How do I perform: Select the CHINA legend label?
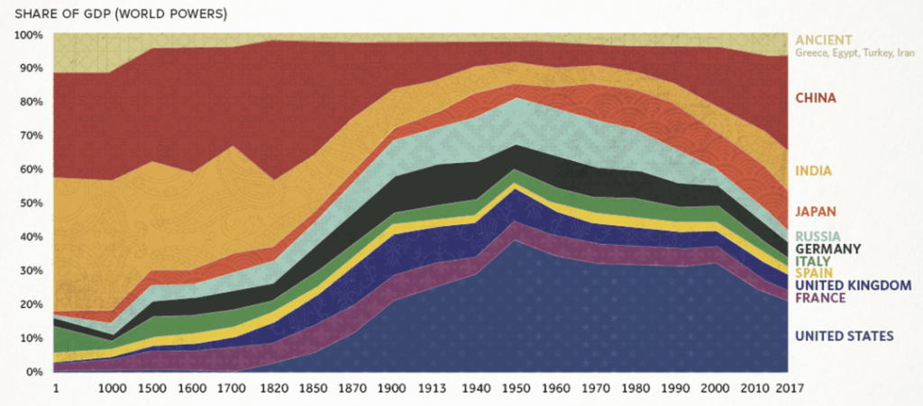[815, 97]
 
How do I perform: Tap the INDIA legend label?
[812, 171]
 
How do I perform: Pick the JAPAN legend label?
[815, 212]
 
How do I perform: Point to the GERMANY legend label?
[827, 248]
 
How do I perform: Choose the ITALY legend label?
[812, 261]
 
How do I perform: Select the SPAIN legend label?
[813, 273]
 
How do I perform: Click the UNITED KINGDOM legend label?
[853, 285]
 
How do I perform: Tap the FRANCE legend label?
[819, 298]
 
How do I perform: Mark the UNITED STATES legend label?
[844, 336]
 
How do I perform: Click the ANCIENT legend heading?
[823, 40]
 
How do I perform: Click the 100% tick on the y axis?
[30, 35]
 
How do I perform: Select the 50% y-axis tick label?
[32, 203]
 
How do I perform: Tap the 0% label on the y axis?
[34, 372]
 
